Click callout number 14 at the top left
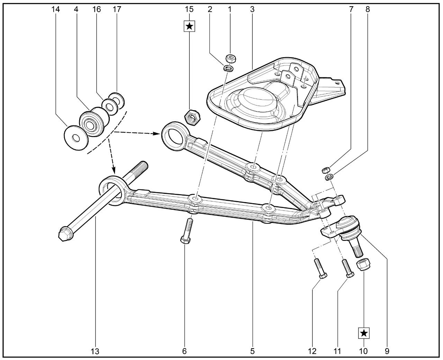pos(55,9)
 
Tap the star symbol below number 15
pos(189,26)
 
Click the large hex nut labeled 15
pos(192,117)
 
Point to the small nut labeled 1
pos(230,58)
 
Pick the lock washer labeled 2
pos(228,68)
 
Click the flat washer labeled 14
pos(76,137)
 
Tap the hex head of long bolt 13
pos(65,234)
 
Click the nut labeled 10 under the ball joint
pos(363,264)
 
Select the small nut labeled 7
pos(325,170)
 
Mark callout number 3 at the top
pos(252,9)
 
